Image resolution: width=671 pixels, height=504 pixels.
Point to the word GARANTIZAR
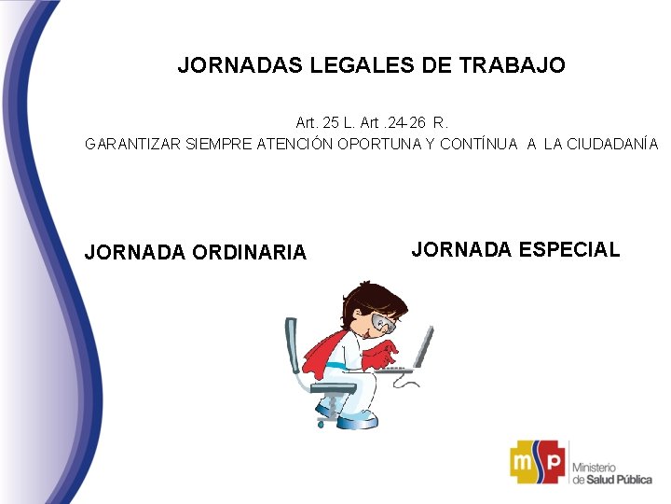coord(133,145)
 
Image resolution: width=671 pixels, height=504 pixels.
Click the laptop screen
coord(424,346)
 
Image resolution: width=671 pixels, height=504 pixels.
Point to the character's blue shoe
coord(357,421)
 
